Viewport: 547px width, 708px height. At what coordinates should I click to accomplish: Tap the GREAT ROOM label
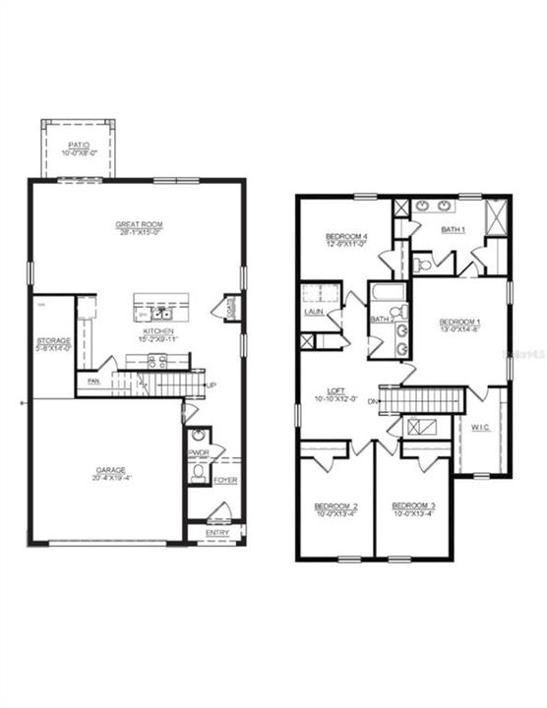click(x=138, y=224)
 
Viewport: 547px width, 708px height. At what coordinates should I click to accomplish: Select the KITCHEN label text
click(x=157, y=331)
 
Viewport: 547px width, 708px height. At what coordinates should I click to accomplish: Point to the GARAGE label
click(x=109, y=470)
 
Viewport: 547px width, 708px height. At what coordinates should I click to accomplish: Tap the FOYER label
click(x=225, y=480)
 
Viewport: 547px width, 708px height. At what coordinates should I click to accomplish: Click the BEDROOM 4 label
click(x=346, y=236)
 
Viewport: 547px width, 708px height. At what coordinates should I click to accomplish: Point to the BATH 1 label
click(x=454, y=229)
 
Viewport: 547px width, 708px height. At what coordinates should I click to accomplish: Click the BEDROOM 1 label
click(x=459, y=323)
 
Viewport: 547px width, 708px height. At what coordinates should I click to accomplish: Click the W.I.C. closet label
click(x=480, y=427)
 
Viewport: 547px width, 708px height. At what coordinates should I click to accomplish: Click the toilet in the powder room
click(x=198, y=474)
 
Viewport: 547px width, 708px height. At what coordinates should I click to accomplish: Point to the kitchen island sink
click(x=157, y=314)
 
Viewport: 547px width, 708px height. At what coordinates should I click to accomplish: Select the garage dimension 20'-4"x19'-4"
click(x=109, y=479)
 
